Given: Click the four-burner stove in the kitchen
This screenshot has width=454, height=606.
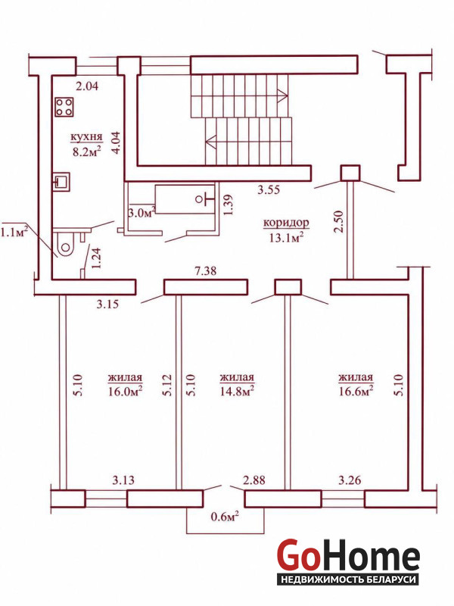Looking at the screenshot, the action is point(64,107).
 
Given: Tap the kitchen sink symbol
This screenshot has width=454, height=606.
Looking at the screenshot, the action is point(61,182).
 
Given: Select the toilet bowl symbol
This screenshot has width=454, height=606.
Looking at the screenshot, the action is point(64,245).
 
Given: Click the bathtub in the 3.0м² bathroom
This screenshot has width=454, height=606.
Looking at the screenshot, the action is point(185,199).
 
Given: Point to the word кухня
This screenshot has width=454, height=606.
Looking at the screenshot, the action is point(86,137).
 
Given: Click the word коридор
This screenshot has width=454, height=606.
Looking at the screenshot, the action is point(286,223).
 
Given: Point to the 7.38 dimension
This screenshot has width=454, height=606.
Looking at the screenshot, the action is point(205,271).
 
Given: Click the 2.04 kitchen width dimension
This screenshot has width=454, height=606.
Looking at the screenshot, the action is point(87,86).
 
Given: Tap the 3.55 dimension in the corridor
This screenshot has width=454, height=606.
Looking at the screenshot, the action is point(269,190).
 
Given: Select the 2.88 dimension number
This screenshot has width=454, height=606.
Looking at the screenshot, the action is point(254,479).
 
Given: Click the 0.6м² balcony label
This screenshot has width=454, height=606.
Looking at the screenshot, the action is point(224,517).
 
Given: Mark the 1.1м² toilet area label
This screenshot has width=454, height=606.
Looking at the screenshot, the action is point(15,233).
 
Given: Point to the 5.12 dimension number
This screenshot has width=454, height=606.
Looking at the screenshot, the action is point(166,385).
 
